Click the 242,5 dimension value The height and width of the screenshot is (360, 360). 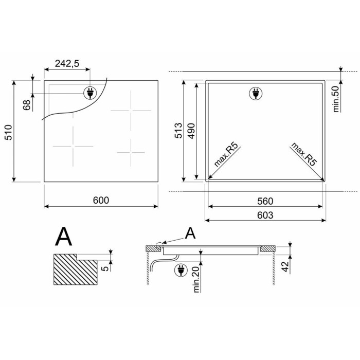[67, 63]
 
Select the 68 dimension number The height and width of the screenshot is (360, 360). [27, 105]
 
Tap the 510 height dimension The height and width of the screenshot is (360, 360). [9, 133]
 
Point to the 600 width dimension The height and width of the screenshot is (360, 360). [101, 201]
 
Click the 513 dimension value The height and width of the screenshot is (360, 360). [178, 131]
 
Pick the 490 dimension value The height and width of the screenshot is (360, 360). [191, 131]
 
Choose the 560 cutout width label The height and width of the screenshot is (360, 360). [265, 202]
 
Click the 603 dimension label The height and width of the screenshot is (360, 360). [265, 215]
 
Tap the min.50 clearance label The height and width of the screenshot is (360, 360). [336, 99]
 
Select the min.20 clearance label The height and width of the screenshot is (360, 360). [196, 279]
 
